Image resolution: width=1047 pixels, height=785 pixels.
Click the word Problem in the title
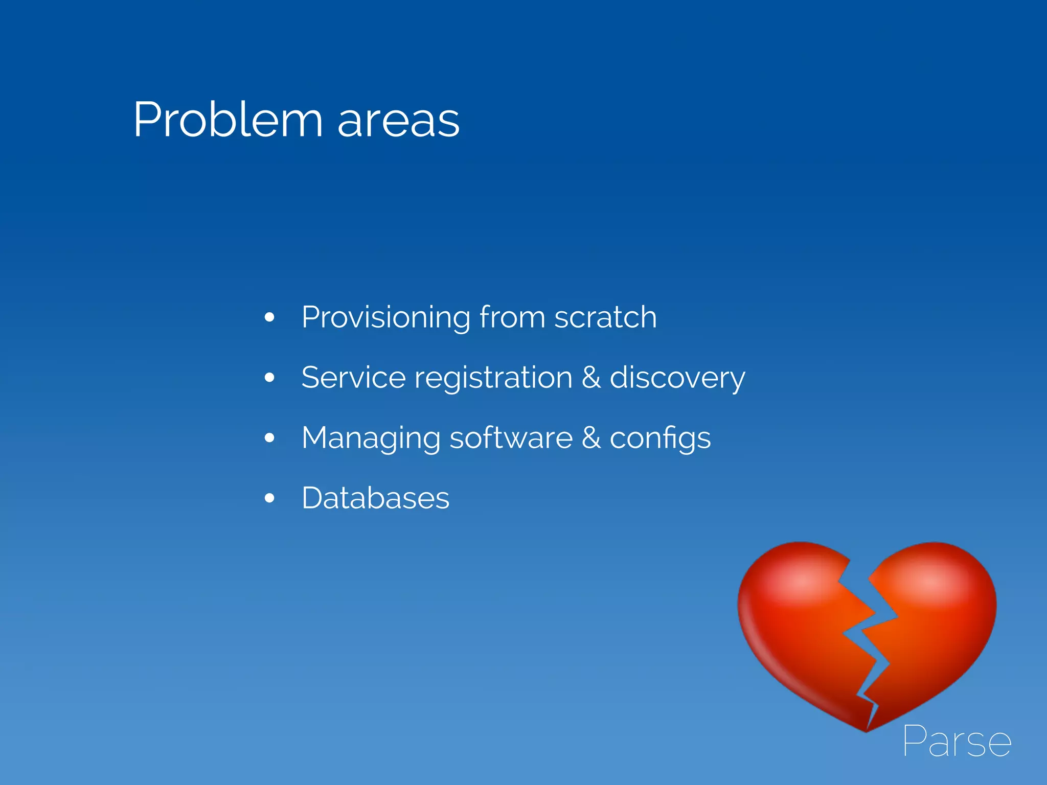[x=228, y=121]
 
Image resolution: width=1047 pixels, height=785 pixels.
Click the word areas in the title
[x=398, y=122]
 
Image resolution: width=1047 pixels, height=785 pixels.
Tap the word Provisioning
[x=385, y=318]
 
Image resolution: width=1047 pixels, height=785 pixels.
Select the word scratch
[x=605, y=317]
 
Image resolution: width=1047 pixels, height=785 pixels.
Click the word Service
[x=353, y=378]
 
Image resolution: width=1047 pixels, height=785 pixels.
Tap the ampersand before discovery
[x=591, y=378]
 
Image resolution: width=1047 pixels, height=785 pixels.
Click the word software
[x=511, y=438]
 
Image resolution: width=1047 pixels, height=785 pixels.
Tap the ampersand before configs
[x=591, y=438]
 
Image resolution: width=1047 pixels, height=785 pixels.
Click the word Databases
[x=375, y=498]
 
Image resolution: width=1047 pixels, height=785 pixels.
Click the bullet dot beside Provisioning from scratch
[x=269, y=318]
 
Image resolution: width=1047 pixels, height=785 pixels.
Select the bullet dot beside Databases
[x=269, y=498]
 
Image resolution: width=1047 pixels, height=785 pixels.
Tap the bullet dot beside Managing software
[x=269, y=438]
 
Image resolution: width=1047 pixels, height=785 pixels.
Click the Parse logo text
[x=957, y=741]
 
